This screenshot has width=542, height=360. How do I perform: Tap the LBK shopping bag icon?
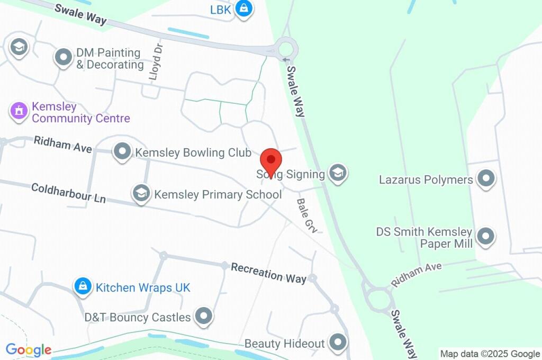[243, 8]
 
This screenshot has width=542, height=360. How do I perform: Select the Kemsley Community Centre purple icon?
[19, 111]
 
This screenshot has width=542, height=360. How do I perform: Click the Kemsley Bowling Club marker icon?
[123, 152]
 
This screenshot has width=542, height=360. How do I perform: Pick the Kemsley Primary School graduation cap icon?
[141, 193]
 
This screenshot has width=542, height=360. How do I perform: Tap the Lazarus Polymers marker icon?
[485, 179]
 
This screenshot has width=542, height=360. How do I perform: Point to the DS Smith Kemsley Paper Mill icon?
[485, 236]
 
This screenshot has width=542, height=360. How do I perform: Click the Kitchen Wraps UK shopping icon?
[82, 286]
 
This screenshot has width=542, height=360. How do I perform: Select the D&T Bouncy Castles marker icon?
[203, 317]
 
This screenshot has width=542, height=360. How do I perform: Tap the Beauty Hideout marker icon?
[337, 343]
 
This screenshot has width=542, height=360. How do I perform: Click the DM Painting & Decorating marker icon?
[64, 57]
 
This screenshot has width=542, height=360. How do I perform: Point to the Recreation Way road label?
[269, 273]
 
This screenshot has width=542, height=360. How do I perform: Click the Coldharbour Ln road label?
[68, 193]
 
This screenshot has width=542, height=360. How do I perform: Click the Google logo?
[29, 349]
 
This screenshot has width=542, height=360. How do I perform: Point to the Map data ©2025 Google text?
[490, 354]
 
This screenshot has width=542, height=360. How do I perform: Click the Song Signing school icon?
[337, 173]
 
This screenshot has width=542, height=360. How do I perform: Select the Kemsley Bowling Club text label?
[193, 153]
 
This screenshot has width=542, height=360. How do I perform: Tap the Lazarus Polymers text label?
[426, 179]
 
